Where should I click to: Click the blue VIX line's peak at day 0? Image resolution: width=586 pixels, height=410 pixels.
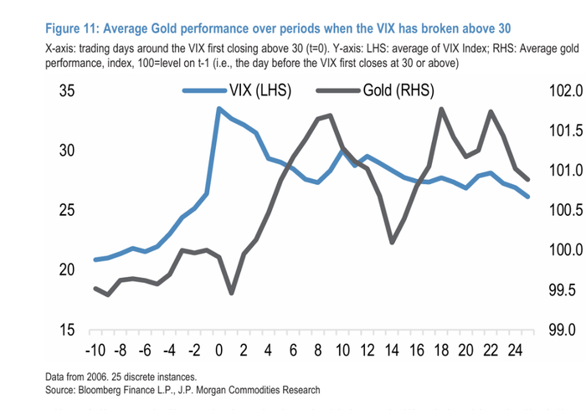point(218,109)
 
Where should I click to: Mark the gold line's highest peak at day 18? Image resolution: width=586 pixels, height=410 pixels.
point(441,109)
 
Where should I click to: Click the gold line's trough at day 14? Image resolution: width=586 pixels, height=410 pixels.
point(392,242)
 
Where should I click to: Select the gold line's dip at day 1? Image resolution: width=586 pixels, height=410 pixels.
point(231,293)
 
